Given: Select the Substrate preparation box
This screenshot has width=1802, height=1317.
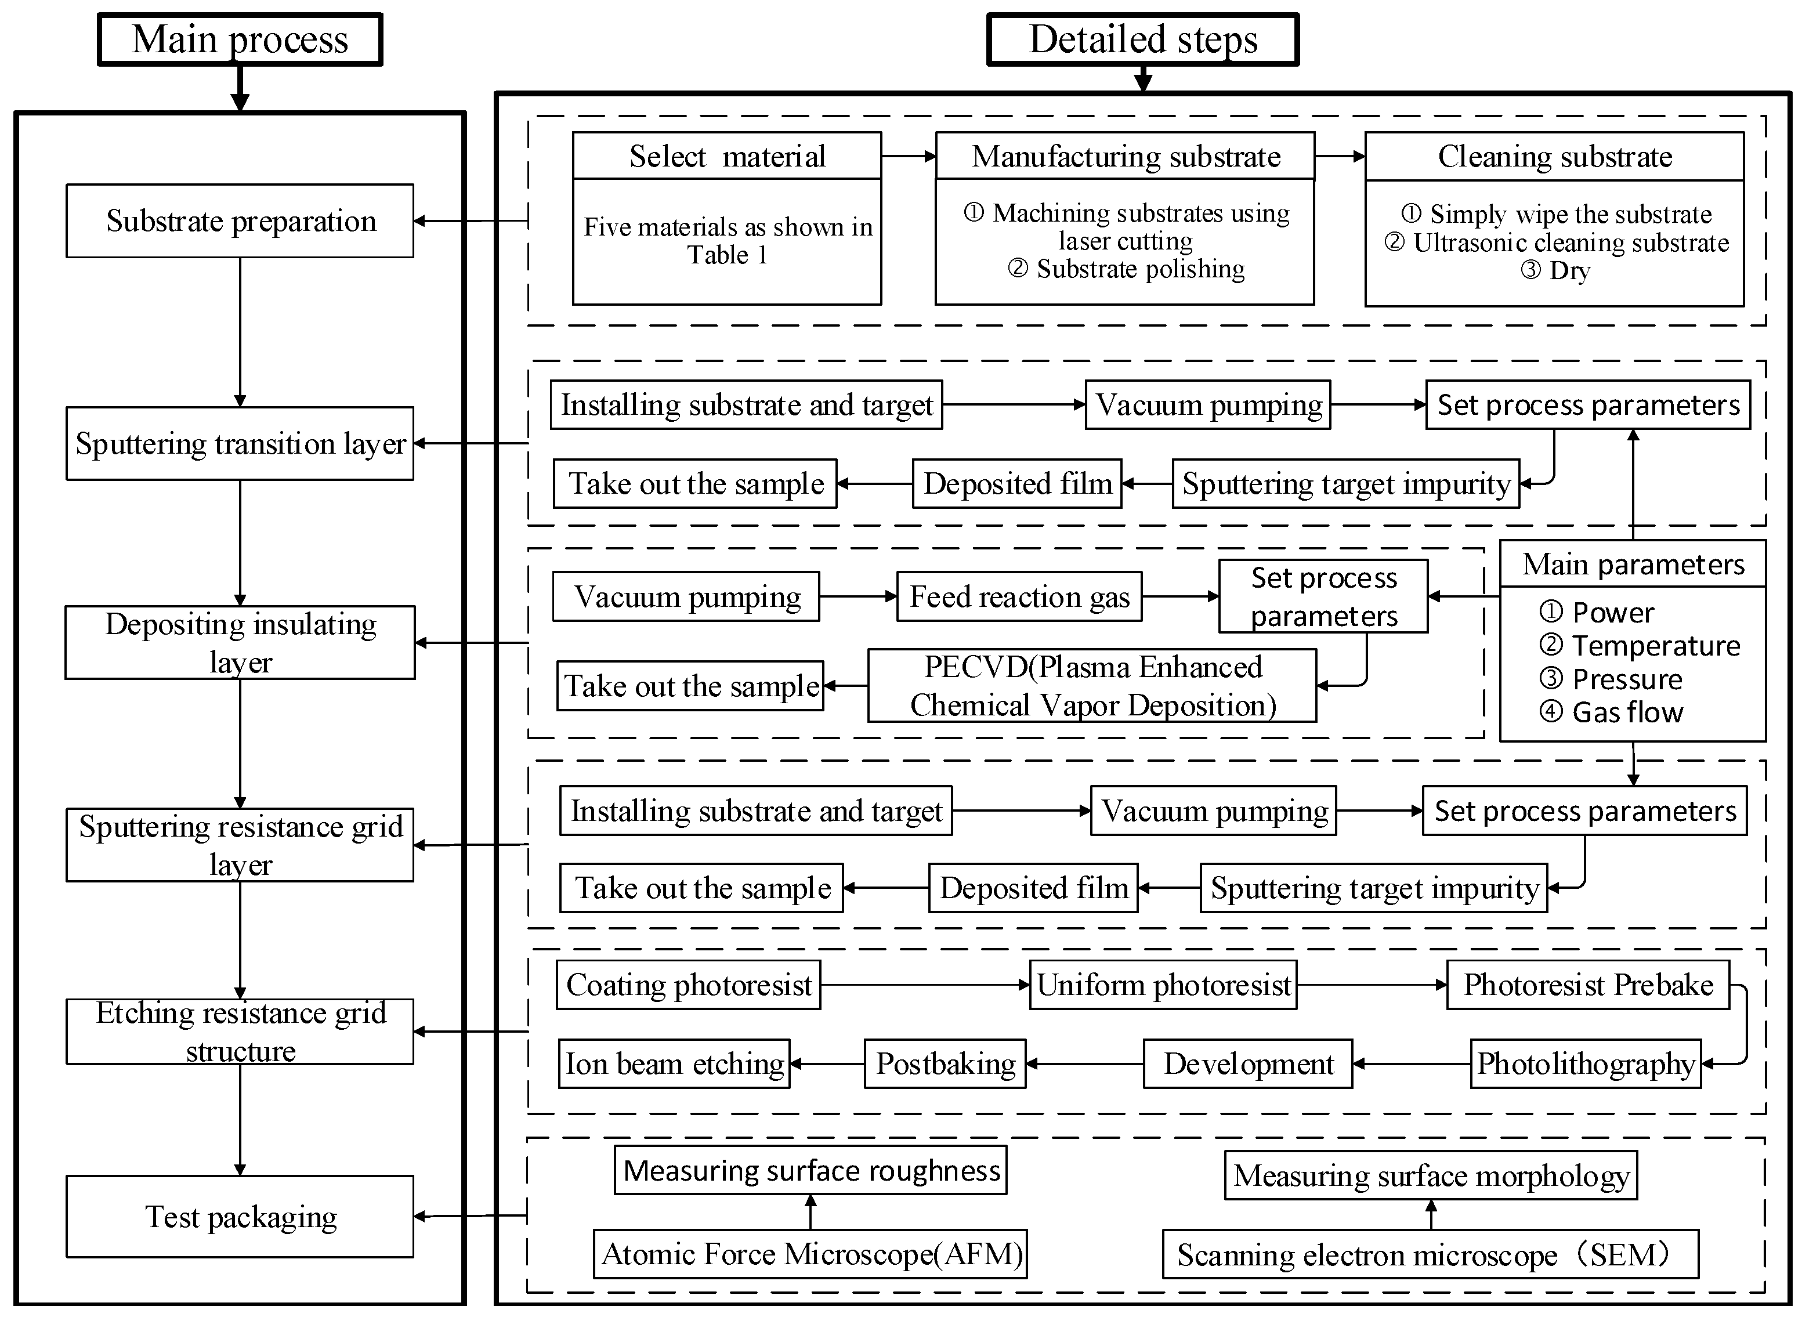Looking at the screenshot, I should pyautogui.click(x=240, y=221).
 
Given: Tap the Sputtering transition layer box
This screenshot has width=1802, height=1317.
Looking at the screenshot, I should pyautogui.click(x=240, y=443).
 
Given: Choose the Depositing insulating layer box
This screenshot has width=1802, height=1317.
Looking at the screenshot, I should pyautogui.click(x=240, y=643).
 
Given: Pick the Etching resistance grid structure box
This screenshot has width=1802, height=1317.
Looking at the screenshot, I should pyautogui.click(x=240, y=1032).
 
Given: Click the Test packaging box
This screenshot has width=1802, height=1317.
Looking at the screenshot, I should pyautogui.click(x=240, y=1217).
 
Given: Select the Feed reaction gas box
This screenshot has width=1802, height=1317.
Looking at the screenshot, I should pyautogui.click(x=1019, y=596).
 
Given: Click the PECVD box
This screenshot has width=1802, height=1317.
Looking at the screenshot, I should pyautogui.click(x=1092, y=686).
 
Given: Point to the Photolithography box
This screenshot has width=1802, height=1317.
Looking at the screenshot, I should pyautogui.click(x=1585, y=1063).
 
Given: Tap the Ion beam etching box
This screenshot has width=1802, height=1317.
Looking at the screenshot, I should pyautogui.click(x=674, y=1063).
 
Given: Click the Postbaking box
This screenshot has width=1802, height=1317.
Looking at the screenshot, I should pyautogui.click(x=945, y=1063).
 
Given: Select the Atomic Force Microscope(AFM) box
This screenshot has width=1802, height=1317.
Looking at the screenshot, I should pyautogui.click(x=810, y=1254).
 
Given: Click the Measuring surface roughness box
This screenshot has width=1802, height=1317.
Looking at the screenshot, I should pyautogui.click(x=810, y=1170).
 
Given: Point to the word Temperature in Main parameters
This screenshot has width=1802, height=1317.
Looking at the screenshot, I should pyautogui.click(x=1655, y=646).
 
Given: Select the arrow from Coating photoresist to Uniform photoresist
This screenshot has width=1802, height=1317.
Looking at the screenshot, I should pyautogui.click(x=925, y=985).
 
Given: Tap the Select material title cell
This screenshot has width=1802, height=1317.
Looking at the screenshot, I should pyautogui.click(x=727, y=156).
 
